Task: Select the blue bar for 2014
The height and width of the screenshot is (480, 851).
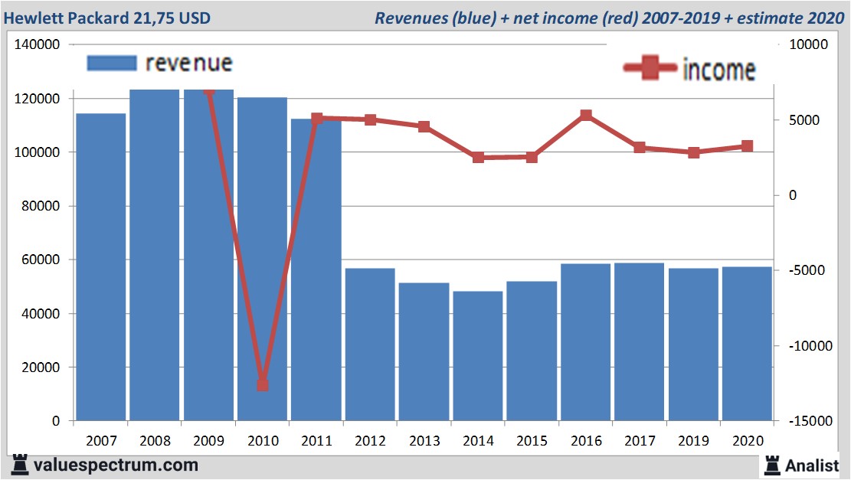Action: tap(478, 355)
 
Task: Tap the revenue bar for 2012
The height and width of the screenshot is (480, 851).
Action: tap(370, 344)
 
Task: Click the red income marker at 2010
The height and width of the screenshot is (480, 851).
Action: tap(263, 384)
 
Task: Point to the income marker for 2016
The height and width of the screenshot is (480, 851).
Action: tap(586, 116)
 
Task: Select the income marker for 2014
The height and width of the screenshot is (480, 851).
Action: tap(478, 158)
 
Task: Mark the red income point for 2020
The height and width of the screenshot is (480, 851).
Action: tap(747, 146)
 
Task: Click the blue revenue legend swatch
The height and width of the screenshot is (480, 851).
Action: tap(111, 63)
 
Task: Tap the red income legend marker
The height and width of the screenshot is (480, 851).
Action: tap(650, 69)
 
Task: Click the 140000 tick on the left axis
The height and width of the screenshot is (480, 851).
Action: tap(38, 45)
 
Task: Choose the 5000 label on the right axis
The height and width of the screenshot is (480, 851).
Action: tap(804, 120)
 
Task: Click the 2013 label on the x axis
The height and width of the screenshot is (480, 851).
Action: tap(424, 441)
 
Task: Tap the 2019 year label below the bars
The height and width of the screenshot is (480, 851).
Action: tap(693, 441)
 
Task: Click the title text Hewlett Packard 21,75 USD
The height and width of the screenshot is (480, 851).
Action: tap(106, 18)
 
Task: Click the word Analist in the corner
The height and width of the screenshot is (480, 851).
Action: tap(812, 465)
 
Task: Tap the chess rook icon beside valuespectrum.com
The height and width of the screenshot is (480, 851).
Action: tap(20, 465)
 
